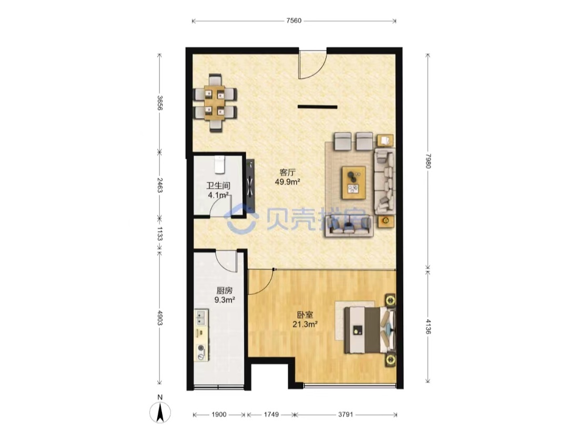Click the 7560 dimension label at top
pos(293,21)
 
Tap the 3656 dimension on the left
pos(160,103)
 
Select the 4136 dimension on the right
pos(428,326)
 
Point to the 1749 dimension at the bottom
pos(271,414)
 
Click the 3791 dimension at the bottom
pos(345,414)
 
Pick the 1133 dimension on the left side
pos(160,233)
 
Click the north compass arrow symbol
pos(160,413)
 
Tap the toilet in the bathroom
pos(220,165)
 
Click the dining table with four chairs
pos(215,103)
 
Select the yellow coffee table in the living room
pos(353,182)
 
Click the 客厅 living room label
pos(287,172)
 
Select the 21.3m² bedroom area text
pos(305,324)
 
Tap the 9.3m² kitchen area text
pos(225,300)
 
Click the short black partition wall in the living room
pos(317,107)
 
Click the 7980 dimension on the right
pos(428,161)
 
